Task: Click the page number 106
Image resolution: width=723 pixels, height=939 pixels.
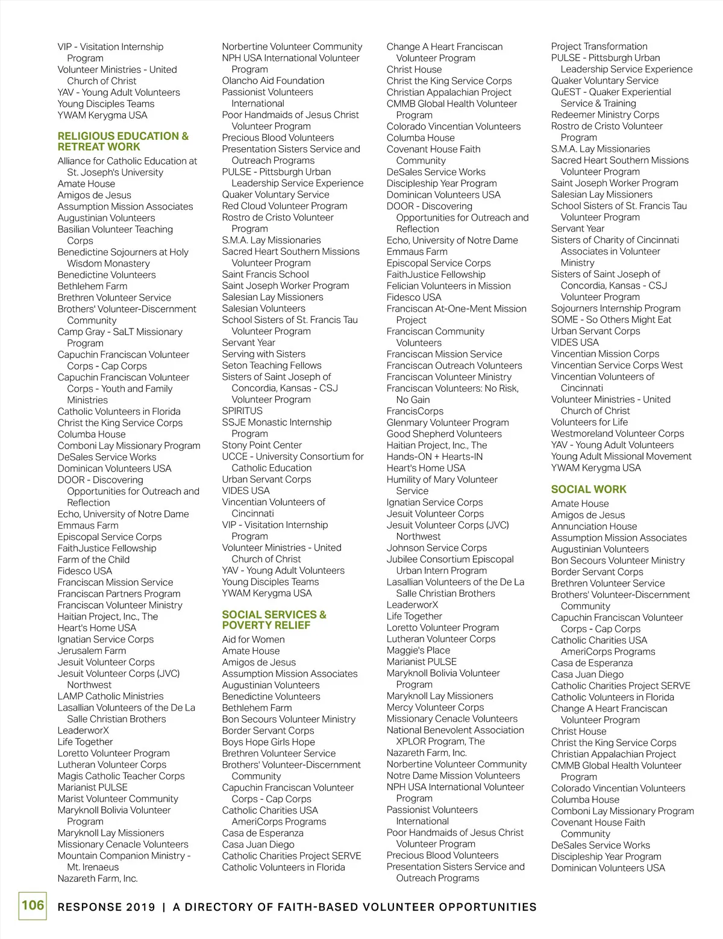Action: [33, 905]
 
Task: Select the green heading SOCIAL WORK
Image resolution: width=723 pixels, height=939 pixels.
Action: [589, 489]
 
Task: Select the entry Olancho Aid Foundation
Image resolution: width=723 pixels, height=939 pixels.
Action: [273, 81]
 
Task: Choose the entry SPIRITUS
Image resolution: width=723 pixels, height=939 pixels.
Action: [242, 411]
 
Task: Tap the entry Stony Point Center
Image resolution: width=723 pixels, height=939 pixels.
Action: [261, 445]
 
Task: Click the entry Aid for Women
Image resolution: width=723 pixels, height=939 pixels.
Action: [253, 639]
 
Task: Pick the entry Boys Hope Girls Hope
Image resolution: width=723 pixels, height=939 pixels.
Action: [268, 743]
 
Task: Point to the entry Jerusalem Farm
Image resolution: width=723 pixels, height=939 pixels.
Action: [92, 651]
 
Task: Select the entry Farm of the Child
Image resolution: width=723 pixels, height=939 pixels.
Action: [93, 560]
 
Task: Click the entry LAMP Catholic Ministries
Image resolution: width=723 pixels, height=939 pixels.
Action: [110, 697]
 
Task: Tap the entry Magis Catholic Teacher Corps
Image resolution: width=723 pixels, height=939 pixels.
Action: [121, 776]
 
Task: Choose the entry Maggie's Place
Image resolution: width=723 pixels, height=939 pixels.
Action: [418, 651]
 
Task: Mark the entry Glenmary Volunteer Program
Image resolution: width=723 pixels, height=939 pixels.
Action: [448, 423]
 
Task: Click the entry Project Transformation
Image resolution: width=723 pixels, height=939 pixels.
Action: [599, 46]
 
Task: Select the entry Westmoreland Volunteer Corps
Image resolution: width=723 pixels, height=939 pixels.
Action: [618, 434]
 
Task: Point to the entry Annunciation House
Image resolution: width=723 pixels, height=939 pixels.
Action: [593, 527]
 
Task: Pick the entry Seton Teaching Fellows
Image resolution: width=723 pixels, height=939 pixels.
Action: [271, 366]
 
